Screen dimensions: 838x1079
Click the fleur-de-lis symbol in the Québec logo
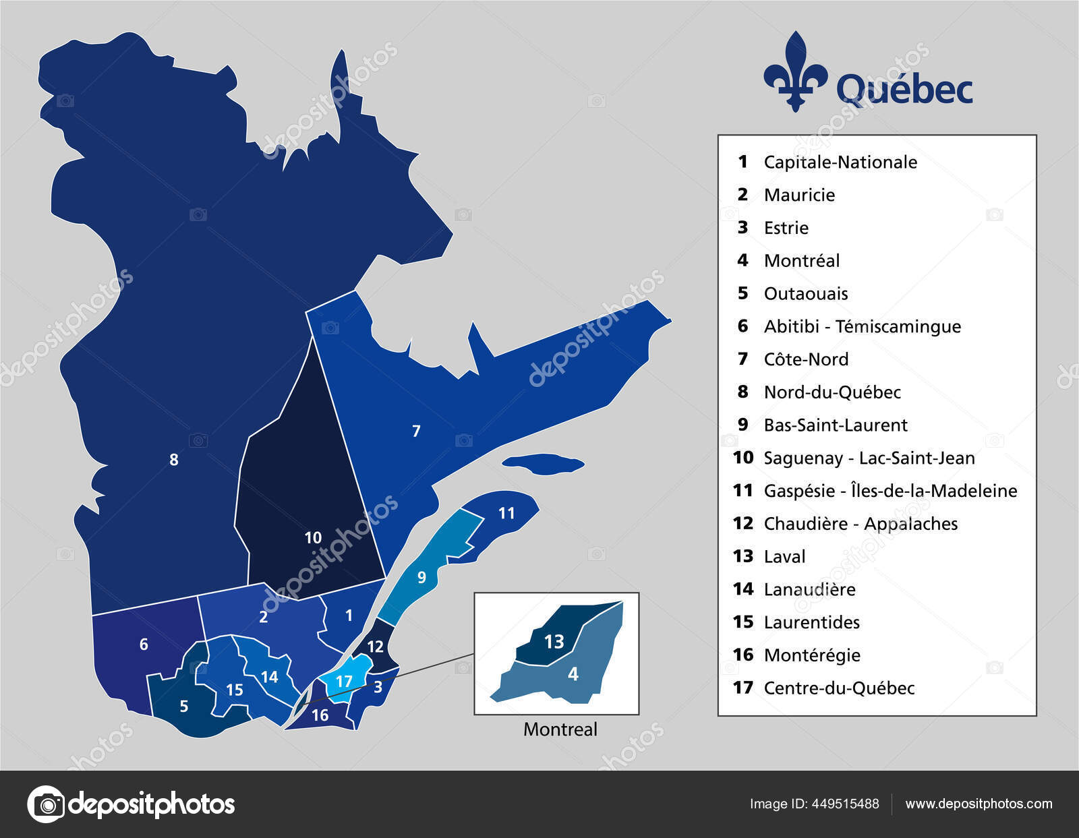[795, 71]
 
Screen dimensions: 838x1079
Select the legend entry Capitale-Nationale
[840, 162]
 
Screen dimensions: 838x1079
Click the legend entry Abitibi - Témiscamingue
[862, 326]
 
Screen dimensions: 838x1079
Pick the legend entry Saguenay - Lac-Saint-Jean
[869, 458]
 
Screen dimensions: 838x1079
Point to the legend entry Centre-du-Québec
[838, 688]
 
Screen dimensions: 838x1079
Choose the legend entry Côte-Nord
[805, 359]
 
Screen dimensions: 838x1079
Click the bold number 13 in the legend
[742, 556]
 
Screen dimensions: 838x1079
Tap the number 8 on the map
[174, 460]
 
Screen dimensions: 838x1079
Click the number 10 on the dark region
[313, 538]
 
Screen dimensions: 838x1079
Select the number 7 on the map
[416, 431]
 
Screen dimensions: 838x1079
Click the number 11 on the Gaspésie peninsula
[506, 514]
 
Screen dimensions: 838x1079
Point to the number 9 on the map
[421, 578]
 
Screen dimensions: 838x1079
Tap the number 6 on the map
[144, 645]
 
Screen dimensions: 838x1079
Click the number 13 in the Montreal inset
[554, 641]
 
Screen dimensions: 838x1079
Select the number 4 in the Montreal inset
[573, 674]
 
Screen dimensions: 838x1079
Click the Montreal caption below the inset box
[560, 729]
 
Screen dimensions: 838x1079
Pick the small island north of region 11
[544, 463]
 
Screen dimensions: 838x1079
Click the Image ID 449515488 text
[814, 804]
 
